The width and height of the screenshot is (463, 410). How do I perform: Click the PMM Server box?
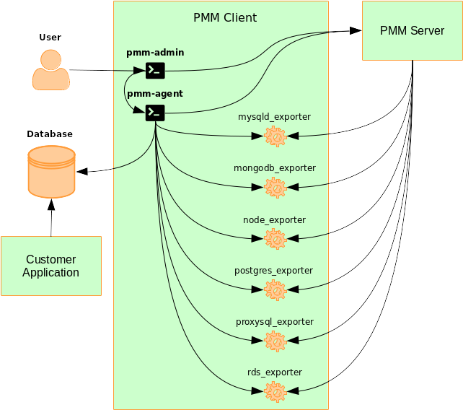(x=413, y=30)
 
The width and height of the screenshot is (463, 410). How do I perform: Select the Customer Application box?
(x=51, y=266)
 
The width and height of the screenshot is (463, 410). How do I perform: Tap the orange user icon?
(x=50, y=70)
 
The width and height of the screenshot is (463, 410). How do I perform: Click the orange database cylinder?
(x=51, y=171)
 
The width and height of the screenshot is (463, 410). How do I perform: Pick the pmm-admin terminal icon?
(x=155, y=70)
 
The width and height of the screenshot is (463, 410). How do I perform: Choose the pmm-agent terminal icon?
(x=155, y=112)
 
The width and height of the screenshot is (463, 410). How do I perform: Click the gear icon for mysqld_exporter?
(x=275, y=136)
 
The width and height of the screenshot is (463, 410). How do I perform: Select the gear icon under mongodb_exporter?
(x=275, y=188)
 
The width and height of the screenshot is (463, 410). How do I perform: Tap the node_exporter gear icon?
(x=275, y=239)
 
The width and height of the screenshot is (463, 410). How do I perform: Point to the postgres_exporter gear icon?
(x=275, y=290)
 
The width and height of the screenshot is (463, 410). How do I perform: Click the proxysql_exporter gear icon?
(x=275, y=341)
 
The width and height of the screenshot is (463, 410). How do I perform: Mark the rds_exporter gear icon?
(x=275, y=391)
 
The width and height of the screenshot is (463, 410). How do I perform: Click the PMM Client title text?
(x=225, y=17)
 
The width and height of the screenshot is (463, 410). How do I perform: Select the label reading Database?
(x=50, y=134)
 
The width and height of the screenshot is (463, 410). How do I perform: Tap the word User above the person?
(x=50, y=38)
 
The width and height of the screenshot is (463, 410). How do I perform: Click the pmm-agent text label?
(x=154, y=94)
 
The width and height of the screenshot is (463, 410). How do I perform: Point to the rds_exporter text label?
(x=274, y=372)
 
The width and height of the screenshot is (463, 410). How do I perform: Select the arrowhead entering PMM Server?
(x=356, y=31)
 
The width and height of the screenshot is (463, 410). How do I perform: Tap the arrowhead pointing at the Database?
(x=81, y=171)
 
